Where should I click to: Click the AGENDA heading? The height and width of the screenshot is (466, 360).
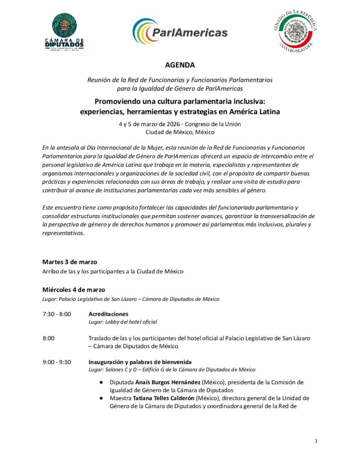180,65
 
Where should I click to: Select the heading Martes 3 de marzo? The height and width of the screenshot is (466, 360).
70,262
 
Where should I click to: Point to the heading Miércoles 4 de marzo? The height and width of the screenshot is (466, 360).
74,289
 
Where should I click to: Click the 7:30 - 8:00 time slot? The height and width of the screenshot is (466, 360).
56,314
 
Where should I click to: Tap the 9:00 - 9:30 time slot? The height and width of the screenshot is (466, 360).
56,362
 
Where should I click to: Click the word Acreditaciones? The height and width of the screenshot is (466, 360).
108,314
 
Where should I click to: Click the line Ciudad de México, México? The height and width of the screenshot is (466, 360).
180,132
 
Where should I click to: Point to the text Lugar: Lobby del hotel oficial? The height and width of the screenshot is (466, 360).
122,322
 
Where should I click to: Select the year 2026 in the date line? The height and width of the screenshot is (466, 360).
173,124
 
